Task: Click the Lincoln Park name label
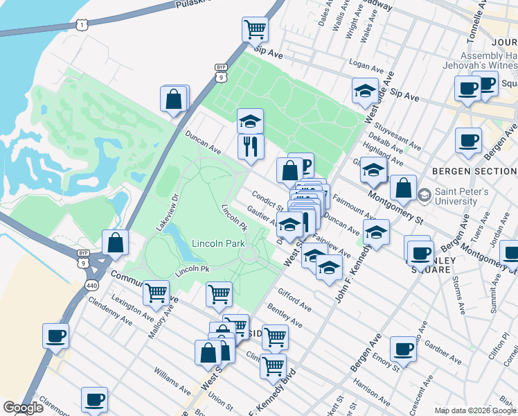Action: pyautogui.click(x=219, y=244)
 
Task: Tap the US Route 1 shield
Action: pyautogui.click(x=82, y=25)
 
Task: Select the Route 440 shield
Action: pyautogui.click(x=91, y=285)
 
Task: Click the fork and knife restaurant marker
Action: pyautogui.click(x=250, y=146)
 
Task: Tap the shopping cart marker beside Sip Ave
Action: pyautogui.click(x=255, y=30)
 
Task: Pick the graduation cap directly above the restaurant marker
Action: pyautogui.click(x=250, y=122)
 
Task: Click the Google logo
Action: pyautogui.click(x=23, y=407)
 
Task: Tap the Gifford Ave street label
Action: pyautogui.click(x=294, y=300)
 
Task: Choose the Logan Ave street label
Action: pyautogui.click(x=366, y=67)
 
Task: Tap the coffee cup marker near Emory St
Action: pyautogui.click(x=402, y=349)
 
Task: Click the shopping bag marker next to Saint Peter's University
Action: pyautogui.click(x=402, y=187)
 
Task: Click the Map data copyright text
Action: pyautogui.click(x=474, y=410)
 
